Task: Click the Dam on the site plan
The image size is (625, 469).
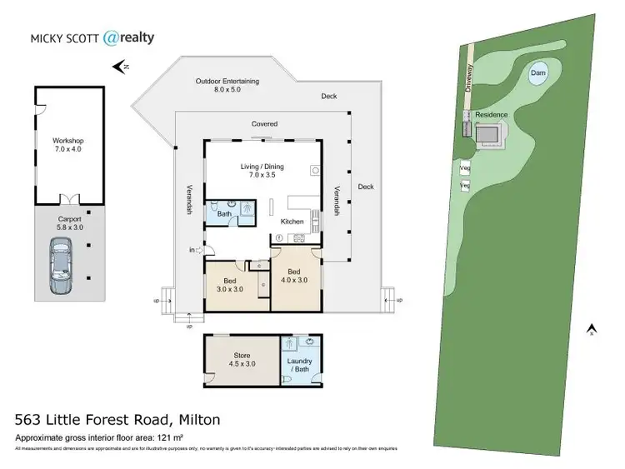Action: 538,76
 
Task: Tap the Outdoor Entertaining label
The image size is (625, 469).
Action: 227,85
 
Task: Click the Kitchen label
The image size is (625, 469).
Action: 292,222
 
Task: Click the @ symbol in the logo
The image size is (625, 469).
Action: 112,37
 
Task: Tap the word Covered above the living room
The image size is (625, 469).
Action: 265,124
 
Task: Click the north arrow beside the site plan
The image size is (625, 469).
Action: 591,329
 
